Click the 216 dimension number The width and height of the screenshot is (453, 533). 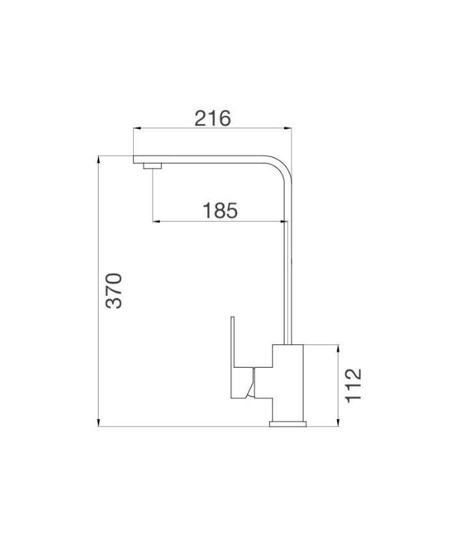click(x=213, y=118)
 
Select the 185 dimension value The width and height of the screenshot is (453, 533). click(x=220, y=211)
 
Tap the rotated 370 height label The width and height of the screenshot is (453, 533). click(x=115, y=290)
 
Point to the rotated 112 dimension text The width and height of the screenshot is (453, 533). click(x=353, y=384)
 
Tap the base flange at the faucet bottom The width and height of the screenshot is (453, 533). click(x=288, y=422)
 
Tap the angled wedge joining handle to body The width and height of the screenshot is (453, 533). click(x=250, y=385)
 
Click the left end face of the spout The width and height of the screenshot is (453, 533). click(x=135, y=160)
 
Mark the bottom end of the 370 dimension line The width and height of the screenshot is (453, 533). click(x=99, y=425)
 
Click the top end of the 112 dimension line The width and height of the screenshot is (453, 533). click(x=338, y=345)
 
